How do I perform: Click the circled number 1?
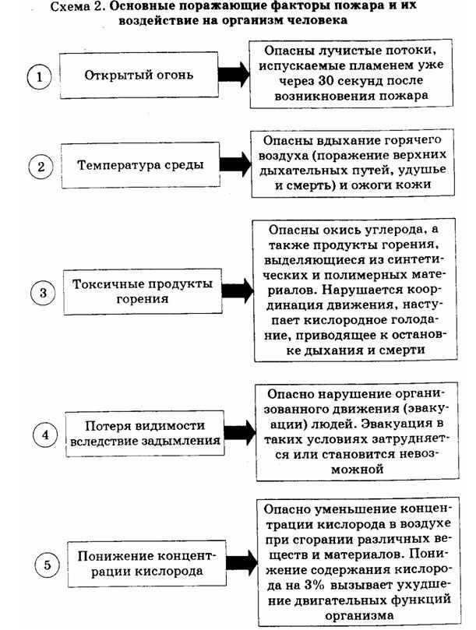40,77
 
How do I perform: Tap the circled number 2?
41,167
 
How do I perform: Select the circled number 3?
43,293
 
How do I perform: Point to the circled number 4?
45,435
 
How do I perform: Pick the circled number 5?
47,565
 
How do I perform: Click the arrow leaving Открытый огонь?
234,74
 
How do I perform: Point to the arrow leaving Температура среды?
235,164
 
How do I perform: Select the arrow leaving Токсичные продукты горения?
238,291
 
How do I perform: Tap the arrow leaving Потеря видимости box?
240,433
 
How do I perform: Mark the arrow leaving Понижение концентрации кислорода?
242,562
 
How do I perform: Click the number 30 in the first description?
326,80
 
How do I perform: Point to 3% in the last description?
314,585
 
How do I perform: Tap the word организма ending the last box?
359,615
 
